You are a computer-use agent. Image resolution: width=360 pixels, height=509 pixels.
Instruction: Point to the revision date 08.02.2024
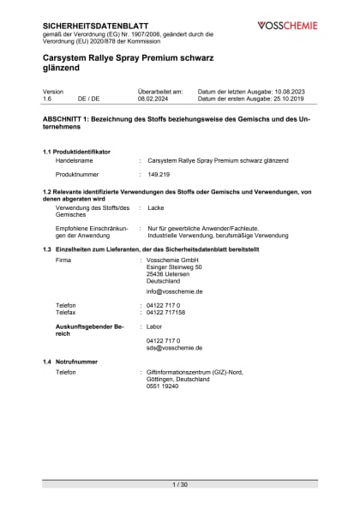154,99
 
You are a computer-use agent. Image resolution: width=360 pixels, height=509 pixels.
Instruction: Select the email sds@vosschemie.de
175,349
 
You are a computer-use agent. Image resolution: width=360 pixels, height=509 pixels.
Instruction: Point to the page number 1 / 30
180,485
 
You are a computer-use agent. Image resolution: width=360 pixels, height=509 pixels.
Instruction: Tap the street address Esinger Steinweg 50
175,266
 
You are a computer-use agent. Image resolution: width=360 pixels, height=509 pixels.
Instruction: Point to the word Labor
155,326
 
